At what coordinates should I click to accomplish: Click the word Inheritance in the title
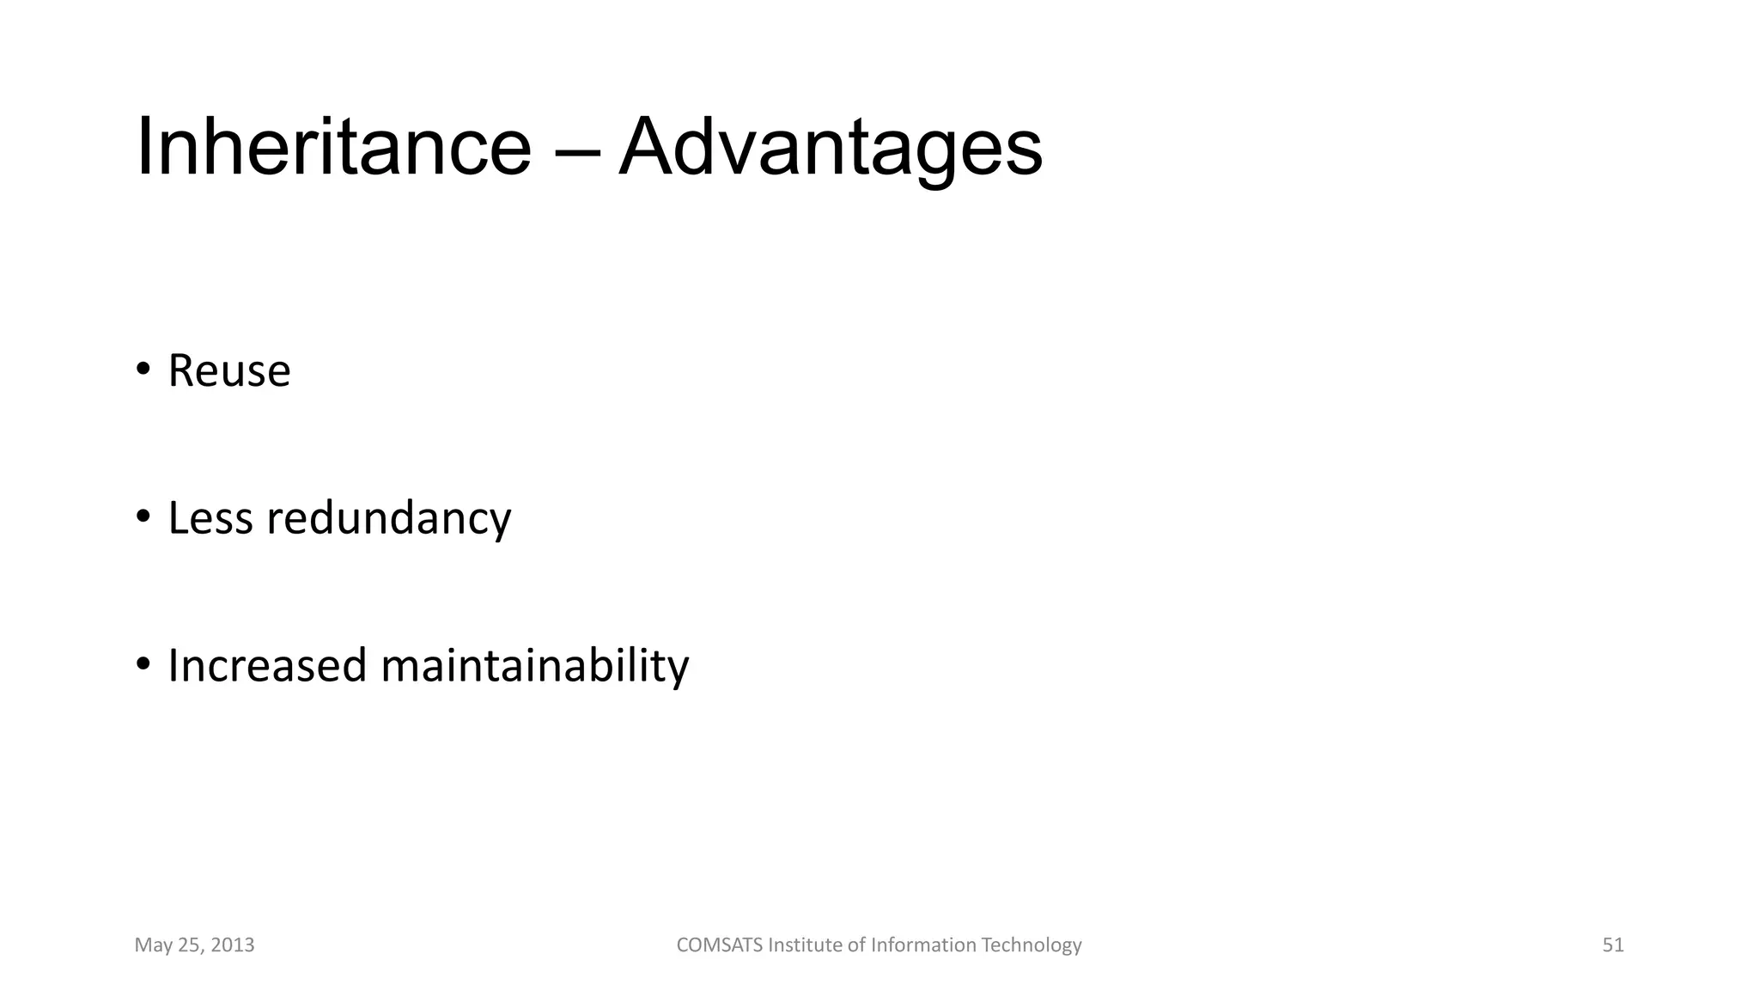(x=333, y=148)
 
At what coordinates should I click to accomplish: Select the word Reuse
(x=229, y=371)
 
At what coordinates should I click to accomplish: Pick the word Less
(x=210, y=518)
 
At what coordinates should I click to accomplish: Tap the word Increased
(x=267, y=666)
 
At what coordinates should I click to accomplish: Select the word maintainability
(x=534, y=667)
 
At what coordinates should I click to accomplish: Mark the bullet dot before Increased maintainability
(x=143, y=664)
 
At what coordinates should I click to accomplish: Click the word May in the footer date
(x=153, y=946)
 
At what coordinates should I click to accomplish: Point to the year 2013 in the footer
(x=233, y=945)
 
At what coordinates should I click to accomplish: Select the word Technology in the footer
(x=1032, y=946)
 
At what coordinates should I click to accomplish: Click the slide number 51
(x=1613, y=945)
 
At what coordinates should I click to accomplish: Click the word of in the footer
(x=856, y=945)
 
